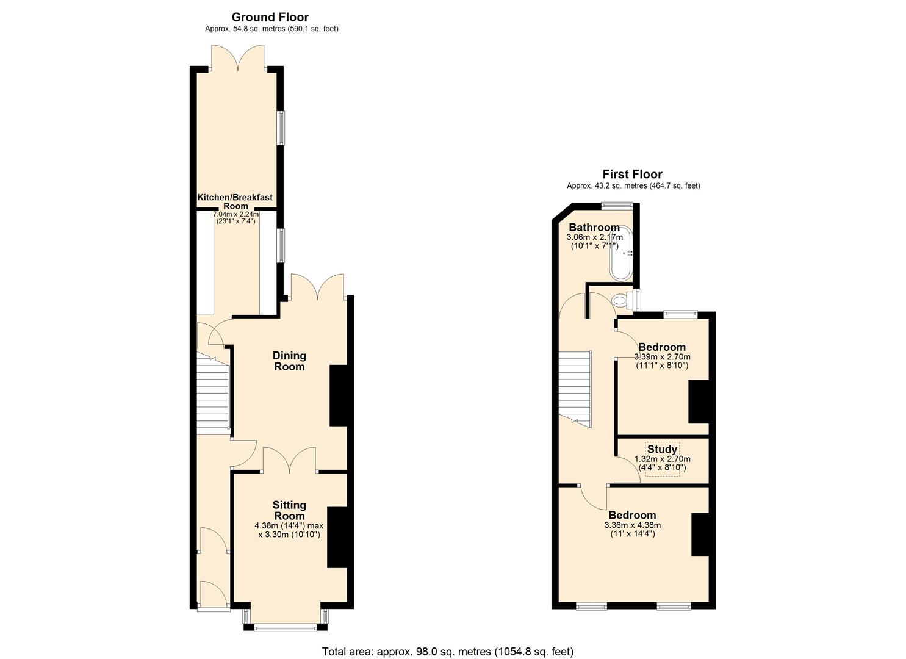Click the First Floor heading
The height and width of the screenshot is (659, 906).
pyautogui.click(x=632, y=175)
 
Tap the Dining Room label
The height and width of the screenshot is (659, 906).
pyautogui.click(x=289, y=361)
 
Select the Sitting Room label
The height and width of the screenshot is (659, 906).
pyautogui.click(x=289, y=510)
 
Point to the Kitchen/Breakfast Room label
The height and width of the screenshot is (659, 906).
pyautogui.click(x=235, y=202)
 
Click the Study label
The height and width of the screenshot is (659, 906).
pyautogui.click(x=662, y=450)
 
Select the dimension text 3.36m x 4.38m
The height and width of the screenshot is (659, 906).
pyautogui.click(x=632, y=525)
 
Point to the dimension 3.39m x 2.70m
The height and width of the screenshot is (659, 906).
pyautogui.click(x=662, y=357)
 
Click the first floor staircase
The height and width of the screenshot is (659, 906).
pyautogui.click(x=575, y=387)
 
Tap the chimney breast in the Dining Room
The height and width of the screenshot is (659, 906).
pyautogui.click(x=338, y=395)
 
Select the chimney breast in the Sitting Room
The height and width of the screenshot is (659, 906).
pyautogui.click(x=336, y=537)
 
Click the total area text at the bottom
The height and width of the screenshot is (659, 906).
pyautogui.click(x=448, y=652)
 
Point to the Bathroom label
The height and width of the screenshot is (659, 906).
pyautogui.click(x=594, y=228)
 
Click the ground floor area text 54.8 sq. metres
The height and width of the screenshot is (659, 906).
pyautogui.click(x=271, y=29)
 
